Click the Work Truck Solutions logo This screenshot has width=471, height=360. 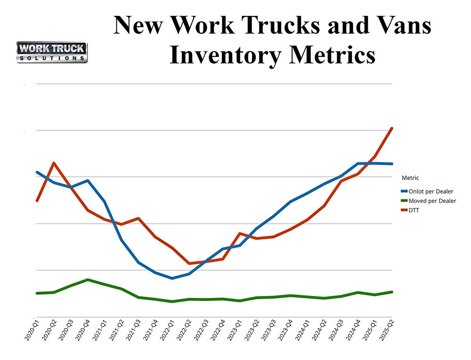coord(52,52)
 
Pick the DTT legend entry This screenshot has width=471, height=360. coord(414,210)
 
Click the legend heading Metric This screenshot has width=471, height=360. coord(410,178)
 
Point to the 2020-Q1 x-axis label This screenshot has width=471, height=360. coord(32,332)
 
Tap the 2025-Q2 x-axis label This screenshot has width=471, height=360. coord(388,332)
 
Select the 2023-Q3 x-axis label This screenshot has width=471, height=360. coord(269,332)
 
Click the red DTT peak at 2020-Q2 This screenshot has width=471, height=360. coord(54,163)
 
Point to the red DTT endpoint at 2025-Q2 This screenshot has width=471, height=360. coord(392,128)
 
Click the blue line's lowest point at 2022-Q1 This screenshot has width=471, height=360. coord(172,279)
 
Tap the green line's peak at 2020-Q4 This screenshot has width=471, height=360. coord(88,280)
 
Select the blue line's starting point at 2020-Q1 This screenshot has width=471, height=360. coord(37,172)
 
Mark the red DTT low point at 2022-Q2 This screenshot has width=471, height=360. coord(189,264)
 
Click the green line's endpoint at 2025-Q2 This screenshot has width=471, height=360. coord(392,292)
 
